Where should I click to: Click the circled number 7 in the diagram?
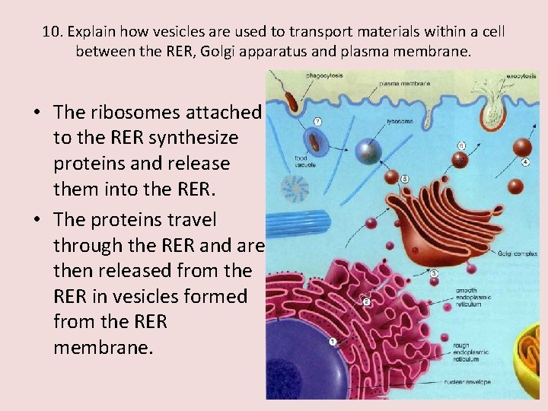[x=317, y=121]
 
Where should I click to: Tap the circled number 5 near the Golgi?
[x=404, y=179]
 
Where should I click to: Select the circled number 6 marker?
[x=462, y=145]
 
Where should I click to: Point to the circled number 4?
[x=525, y=162]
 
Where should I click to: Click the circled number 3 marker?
[x=433, y=273]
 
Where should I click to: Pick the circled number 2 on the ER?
[x=366, y=301]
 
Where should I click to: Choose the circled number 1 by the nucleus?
[x=333, y=342]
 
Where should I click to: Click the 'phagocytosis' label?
[x=323, y=76]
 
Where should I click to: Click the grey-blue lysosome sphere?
[x=371, y=151]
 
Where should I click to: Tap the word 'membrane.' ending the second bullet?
[x=103, y=348]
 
